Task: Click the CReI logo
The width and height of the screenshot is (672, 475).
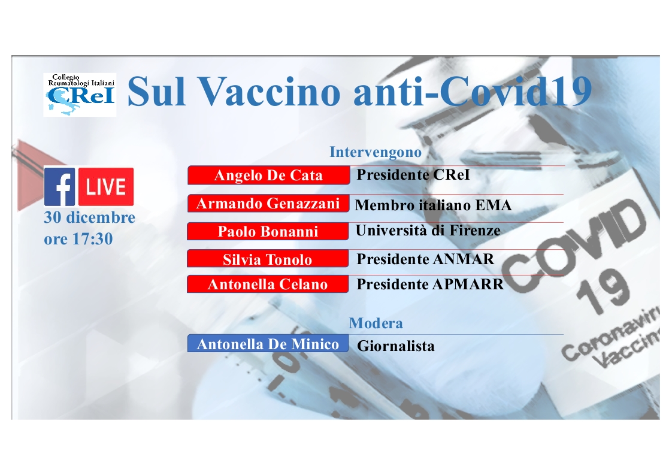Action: (x=80, y=95)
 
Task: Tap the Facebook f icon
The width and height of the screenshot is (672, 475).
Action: (x=59, y=186)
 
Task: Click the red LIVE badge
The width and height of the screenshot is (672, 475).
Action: (x=106, y=186)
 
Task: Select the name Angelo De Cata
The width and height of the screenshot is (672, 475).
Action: (x=268, y=175)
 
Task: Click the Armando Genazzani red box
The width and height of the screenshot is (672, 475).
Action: (x=268, y=203)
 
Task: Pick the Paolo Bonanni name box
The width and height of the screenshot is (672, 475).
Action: (x=268, y=231)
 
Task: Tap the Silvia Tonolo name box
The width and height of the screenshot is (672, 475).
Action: (x=268, y=259)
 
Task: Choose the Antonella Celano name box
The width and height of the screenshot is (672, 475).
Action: (x=268, y=284)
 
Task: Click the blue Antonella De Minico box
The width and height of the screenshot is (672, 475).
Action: (x=268, y=343)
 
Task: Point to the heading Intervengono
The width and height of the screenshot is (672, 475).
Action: (x=376, y=152)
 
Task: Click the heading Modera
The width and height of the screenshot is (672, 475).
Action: (x=376, y=323)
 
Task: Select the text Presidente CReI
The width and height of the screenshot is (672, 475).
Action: (x=413, y=174)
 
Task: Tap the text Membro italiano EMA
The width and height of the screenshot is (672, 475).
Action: (x=433, y=205)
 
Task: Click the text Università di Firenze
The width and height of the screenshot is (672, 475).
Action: (x=428, y=231)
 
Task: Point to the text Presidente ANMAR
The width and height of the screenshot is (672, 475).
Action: (x=425, y=259)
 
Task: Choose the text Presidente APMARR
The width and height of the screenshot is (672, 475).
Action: (x=430, y=285)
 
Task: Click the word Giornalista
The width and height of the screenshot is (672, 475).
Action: (x=395, y=346)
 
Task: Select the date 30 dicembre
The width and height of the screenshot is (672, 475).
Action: (x=90, y=217)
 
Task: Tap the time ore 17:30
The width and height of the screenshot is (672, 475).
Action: (x=78, y=239)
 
